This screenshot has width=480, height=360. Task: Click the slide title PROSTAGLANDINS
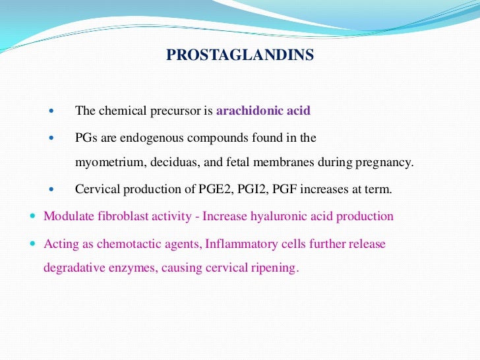[240, 55]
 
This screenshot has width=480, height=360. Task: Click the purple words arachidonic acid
[263, 111]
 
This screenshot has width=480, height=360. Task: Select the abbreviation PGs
[86, 138]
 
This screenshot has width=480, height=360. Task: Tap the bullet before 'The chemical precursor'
[53, 111]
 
